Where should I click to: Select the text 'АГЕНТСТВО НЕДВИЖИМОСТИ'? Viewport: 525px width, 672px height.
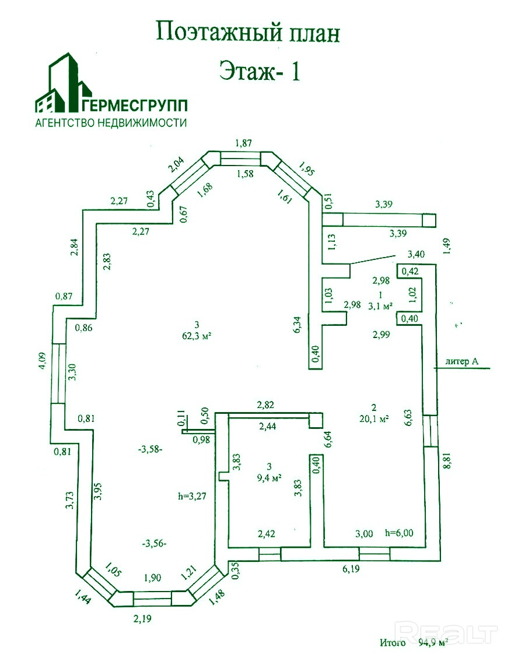tap(111, 123)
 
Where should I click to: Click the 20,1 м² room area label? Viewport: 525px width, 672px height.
tap(374, 417)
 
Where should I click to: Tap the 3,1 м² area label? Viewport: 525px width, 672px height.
tap(380, 305)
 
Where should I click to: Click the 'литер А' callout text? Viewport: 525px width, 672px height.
tap(462, 362)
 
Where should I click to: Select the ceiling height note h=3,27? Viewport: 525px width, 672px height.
tap(192, 497)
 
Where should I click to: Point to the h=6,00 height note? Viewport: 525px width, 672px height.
tap(399, 533)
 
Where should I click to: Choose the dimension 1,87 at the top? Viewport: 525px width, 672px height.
tap(244, 143)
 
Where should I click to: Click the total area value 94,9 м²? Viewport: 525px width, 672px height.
tap(433, 643)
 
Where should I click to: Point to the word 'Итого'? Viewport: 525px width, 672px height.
tap(393, 643)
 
